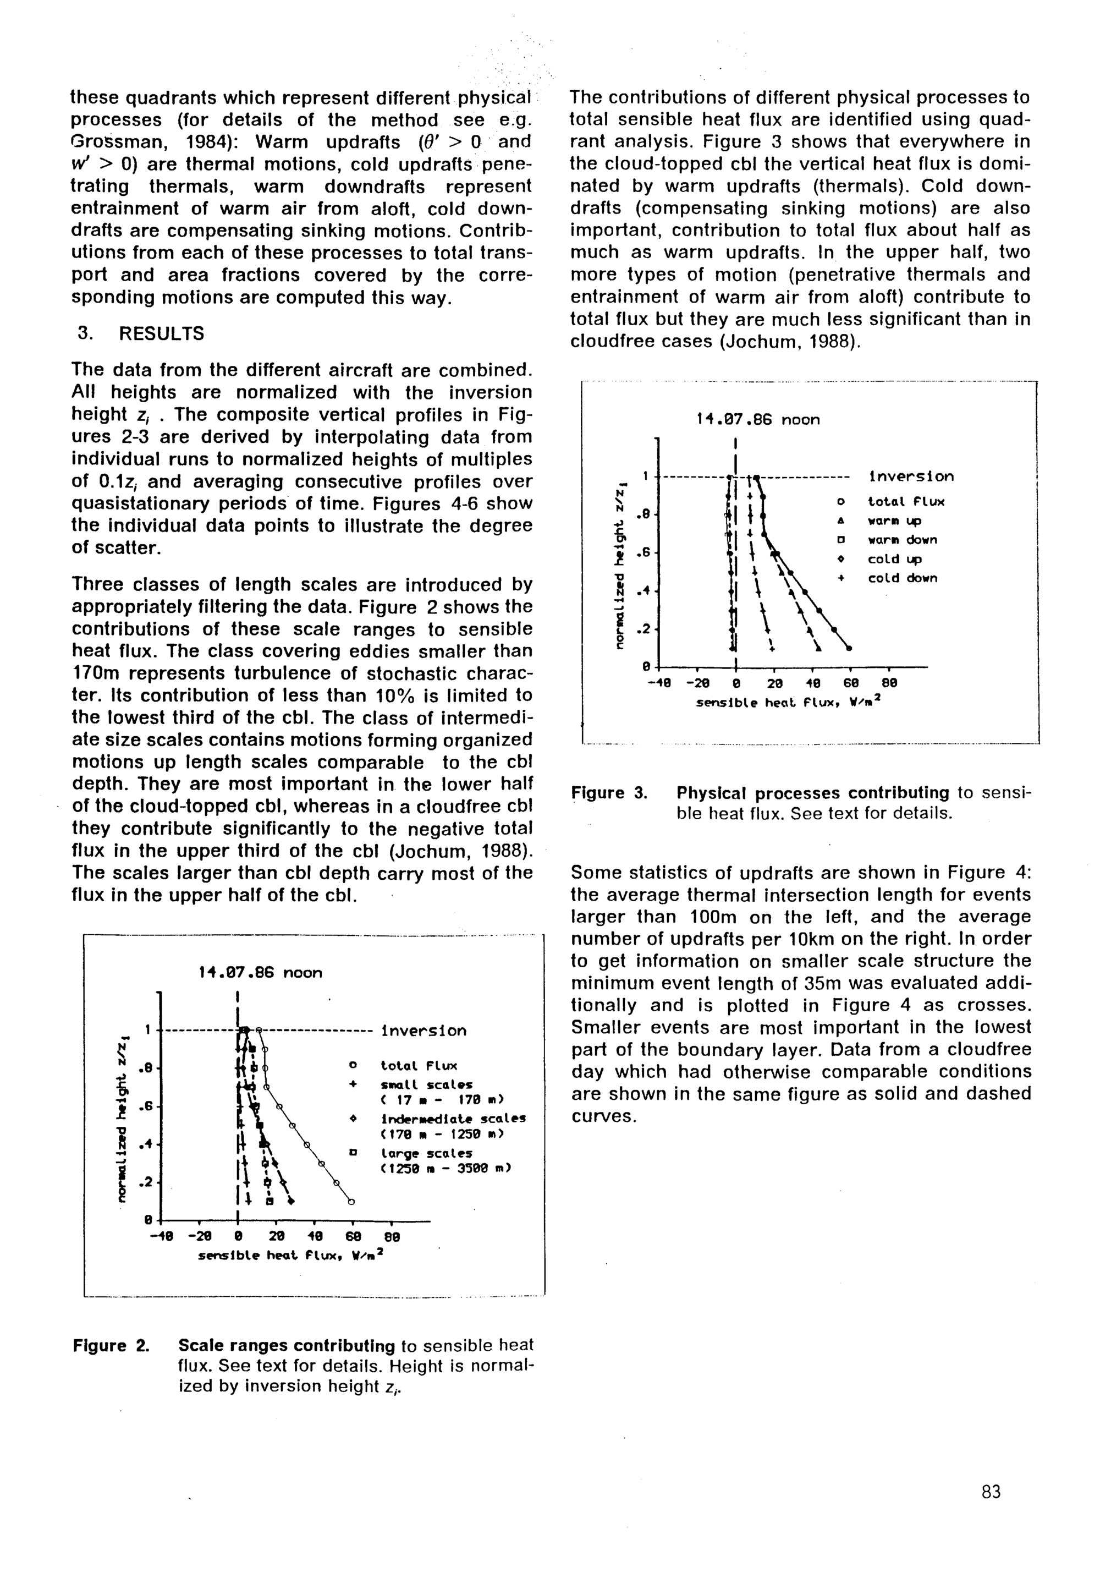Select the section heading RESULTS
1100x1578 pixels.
click(162, 334)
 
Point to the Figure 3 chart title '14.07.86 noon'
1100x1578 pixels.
click(758, 419)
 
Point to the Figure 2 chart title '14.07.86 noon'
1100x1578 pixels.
click(260, 973)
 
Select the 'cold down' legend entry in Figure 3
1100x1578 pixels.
click(902, 578)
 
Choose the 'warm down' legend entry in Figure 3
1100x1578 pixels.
click(902, 540)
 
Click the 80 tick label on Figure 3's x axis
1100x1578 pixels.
click(888, 683)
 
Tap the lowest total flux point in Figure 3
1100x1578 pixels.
click(849, 648)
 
